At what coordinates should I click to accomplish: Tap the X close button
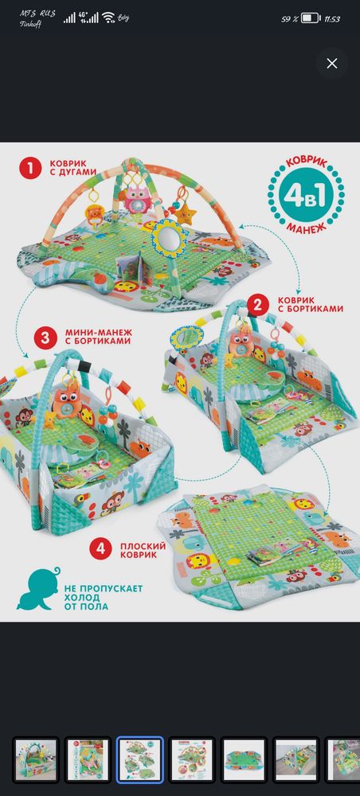click(332, 64)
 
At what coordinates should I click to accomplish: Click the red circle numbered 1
click(30, 168)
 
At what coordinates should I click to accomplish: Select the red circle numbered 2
click(258, 304)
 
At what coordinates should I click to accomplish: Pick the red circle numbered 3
click(45, 338)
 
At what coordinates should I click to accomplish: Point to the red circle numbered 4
click(100, 549)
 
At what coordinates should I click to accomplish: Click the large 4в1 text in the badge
click(306, 196)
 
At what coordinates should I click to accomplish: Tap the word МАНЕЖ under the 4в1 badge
click(306, 226)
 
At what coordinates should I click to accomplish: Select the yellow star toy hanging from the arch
click(186, 214)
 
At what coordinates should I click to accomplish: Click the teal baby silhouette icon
click(39, 589)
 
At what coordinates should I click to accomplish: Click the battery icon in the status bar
click(311, 19)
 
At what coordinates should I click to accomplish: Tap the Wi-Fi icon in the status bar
click(108, 18)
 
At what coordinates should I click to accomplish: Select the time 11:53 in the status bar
click(332, 19)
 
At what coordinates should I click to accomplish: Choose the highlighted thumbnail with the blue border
click(140, 759)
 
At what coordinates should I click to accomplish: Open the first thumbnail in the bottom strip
click(36, 759)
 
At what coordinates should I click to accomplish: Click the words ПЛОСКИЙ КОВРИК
click(143, 550)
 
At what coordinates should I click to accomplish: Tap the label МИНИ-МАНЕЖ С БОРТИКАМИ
click(98, 337)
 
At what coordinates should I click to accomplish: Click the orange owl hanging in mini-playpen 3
click(68, 403)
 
